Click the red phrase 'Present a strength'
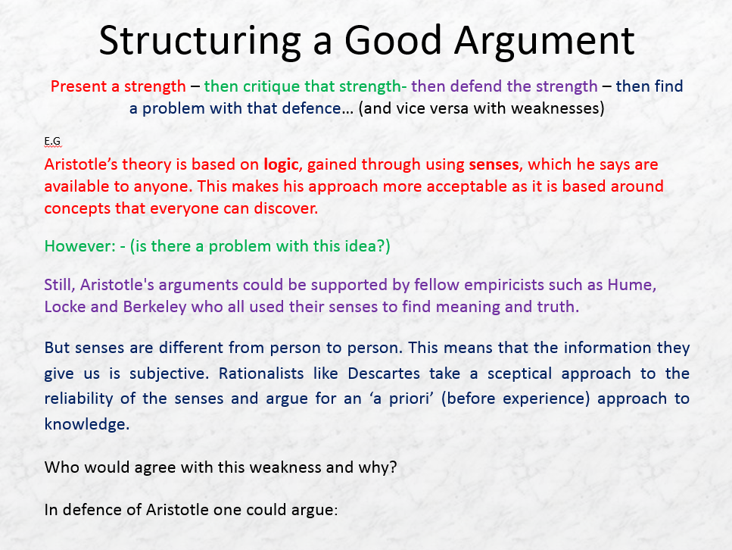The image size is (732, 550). coord(117,86)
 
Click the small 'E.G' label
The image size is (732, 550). coord(52,141)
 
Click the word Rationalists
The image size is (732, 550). coord(260,373)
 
